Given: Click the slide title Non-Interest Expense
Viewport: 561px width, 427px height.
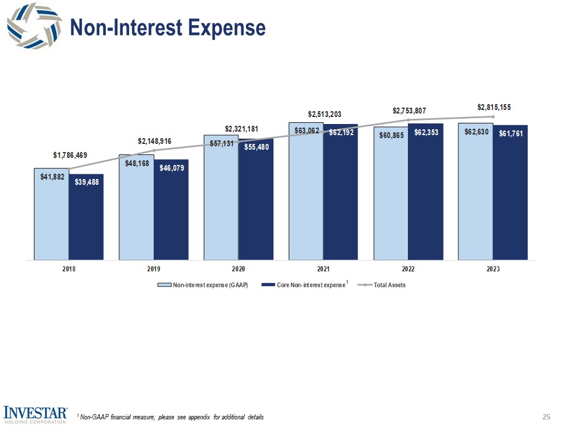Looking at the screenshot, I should point(167,27).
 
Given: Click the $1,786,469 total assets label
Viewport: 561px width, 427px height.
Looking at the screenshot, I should point(70,155).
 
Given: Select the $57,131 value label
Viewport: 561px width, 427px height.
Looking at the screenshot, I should point(221,143).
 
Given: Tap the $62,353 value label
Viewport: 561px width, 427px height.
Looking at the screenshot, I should point(426,133).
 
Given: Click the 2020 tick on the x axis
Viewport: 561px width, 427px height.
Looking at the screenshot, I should point(238,269).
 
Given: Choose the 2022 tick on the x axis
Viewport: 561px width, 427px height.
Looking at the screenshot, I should point(408,269).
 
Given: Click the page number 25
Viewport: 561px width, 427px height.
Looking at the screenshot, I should point(546,417).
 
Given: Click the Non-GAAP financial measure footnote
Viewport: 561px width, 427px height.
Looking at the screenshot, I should point(171,417).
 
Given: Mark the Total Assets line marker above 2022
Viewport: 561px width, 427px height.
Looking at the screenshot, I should point(408,120).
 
